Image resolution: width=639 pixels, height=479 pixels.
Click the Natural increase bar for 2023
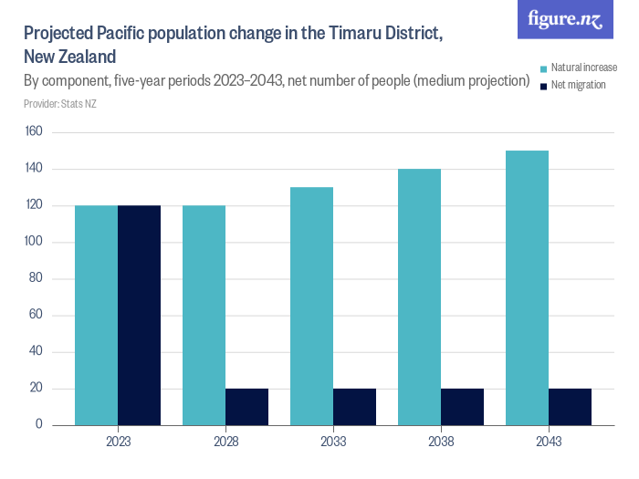[x=96, y=315]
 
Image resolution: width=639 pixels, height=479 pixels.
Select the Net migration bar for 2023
[x=139, y=315]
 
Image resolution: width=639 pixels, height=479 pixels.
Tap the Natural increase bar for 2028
[x=204, y=315]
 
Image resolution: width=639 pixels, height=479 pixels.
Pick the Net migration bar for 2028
[x=246, y=407]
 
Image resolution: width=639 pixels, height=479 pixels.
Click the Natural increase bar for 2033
[x=311, y=306]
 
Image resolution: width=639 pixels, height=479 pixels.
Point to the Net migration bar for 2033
[x=354, y=407]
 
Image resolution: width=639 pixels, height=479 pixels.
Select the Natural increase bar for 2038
[x=419, y=297]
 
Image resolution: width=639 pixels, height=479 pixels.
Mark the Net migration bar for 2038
[x=462, y=407]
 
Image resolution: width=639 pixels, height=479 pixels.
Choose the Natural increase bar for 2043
[x=527, y=287]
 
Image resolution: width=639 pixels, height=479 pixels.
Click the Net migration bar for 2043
[x=570, y=407]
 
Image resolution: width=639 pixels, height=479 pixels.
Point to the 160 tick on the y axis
[x=34, y=132]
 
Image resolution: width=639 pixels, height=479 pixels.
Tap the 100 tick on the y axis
[x=34, y=242]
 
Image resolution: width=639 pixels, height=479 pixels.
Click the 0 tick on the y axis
[x=39, y=425]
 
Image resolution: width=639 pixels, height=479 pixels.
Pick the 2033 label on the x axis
[x=333, y=442]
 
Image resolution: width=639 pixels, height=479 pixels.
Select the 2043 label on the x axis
[x=549, y=442]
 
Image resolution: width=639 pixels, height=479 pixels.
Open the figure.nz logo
[x=565, y=19]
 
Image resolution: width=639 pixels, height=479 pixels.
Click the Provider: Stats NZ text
[x=60, y=104]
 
